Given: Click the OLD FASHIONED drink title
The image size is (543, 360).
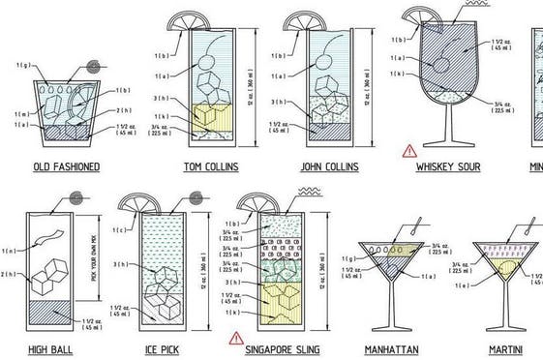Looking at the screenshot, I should pyautogui.click(x=65, y=167).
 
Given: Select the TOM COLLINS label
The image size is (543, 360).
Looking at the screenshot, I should pyautogui.click(x=212, y=167).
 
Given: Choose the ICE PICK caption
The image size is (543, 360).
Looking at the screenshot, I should pyautogui.click(x=155, y=348).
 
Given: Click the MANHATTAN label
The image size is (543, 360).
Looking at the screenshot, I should pyautogui.click(x=392, y=348).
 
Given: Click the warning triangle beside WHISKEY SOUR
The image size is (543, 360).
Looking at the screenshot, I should pyautogui.click(x=409, y=150).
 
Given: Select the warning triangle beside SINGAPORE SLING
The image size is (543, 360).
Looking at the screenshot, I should pyautogui.click(x=234, y=338).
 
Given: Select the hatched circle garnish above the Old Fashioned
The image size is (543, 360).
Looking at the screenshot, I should pyautogui.click(x=94, y=68).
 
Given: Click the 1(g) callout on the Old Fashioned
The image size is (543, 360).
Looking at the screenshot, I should pyautogui.click(x=23, y=65).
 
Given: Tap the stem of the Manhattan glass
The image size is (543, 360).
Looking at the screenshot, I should pyautogui.click(x=392, y=308).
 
